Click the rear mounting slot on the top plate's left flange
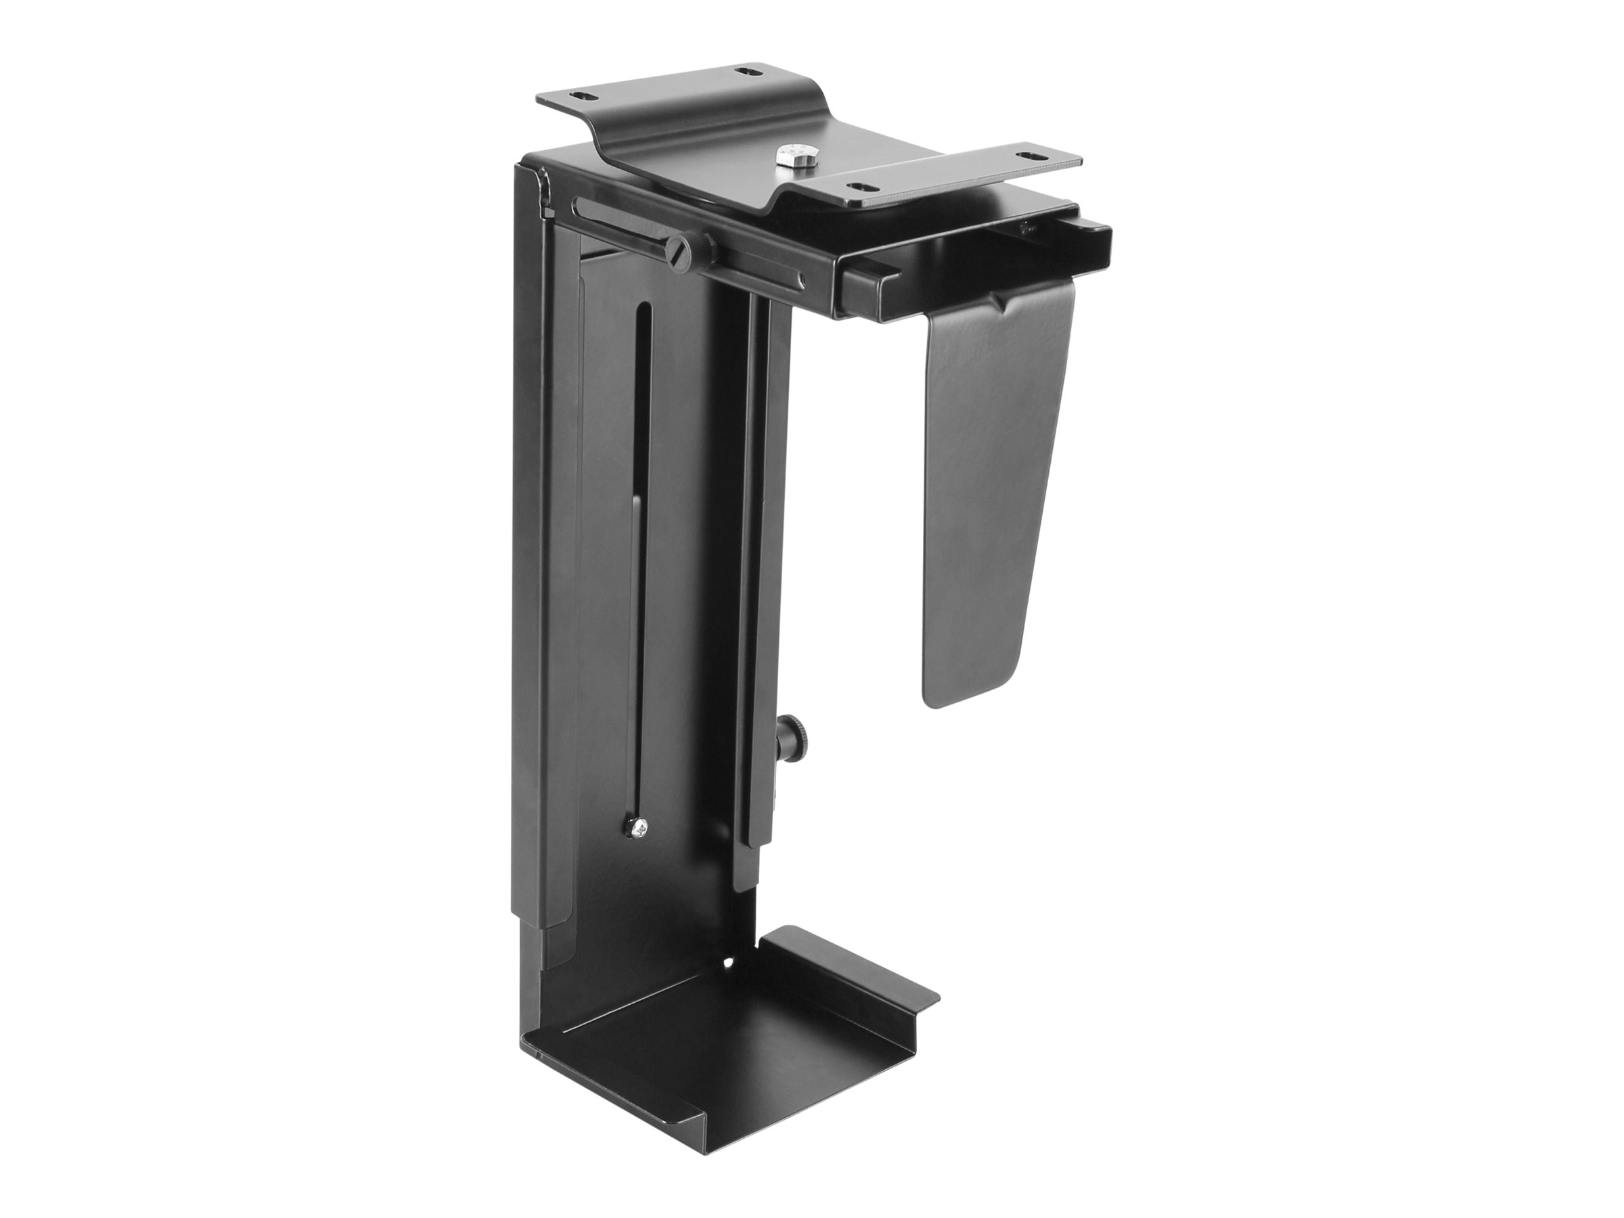point(746,71)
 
